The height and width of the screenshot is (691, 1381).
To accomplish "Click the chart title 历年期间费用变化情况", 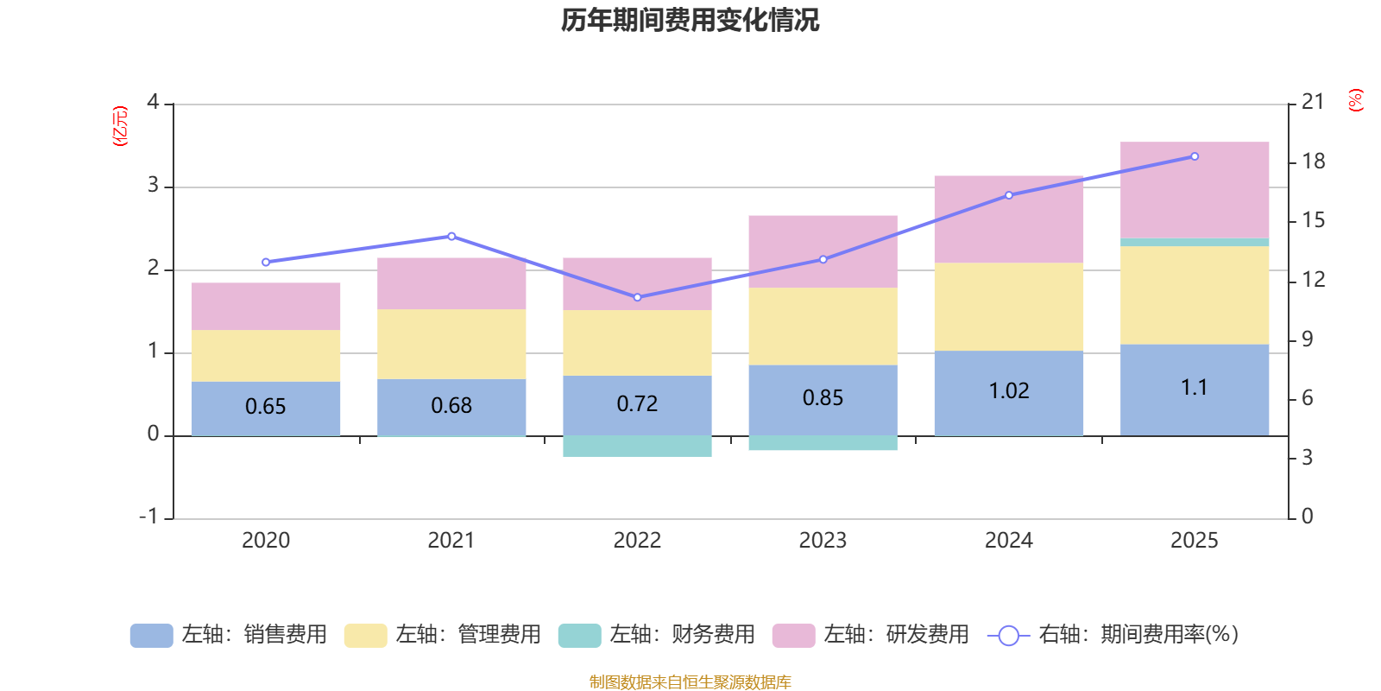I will click(x=690, y=20).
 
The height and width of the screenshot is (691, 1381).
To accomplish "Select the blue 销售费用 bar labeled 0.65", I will click(x=265, y=408).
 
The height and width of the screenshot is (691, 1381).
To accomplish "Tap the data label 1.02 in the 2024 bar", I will click(x=1008, y=391).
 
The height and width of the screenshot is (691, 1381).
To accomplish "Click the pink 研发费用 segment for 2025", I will click(x=1195, y=189).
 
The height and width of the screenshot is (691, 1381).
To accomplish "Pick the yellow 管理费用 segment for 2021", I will click(x=451, y=344).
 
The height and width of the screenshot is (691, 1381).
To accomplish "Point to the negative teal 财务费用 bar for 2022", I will click(x=637, y=446).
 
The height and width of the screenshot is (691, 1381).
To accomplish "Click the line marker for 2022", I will click(x=637, y=297).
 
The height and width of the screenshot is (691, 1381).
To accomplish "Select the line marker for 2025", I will click(x=1195, y=156).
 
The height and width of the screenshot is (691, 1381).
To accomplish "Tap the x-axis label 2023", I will click(x=823, y=541).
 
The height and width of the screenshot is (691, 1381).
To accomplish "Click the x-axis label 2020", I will click(x=265, y=541).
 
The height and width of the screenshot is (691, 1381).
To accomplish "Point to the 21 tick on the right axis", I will click(x=1312, y=102).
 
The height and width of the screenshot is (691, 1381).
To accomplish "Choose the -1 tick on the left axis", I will click(x=149, y=517).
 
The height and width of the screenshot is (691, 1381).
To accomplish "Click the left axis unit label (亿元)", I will click(x=120, y=126).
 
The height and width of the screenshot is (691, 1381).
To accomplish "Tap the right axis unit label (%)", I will click(x=1355, y=100).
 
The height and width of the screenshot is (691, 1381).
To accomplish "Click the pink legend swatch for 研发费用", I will click(x=793, y=636).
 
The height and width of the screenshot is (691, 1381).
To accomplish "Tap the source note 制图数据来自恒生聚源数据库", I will click(x=690, y=682).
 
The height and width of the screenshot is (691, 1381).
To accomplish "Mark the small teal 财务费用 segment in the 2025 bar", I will click(x=1195, y=242).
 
